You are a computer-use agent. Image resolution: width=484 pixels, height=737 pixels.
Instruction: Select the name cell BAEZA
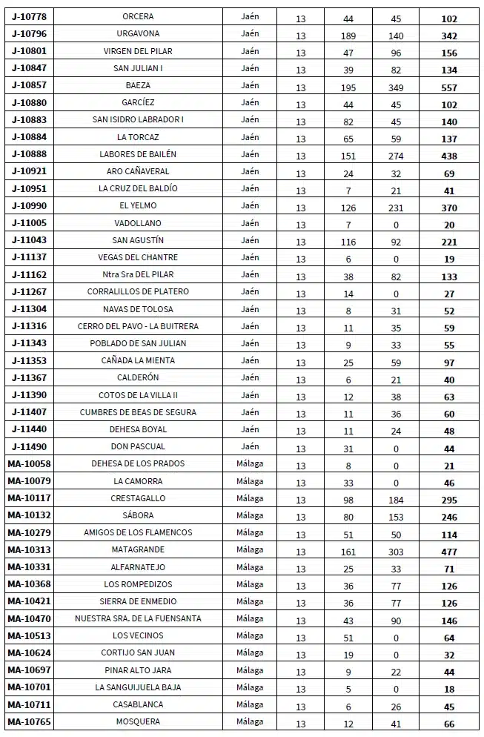tap(138, 85)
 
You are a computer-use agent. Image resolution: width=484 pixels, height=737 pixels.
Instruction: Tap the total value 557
tap(448, 87)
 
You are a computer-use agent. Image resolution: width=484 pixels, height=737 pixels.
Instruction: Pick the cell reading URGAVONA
tap(138, 33)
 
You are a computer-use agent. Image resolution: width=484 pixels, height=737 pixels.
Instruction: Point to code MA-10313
tap(30, 549)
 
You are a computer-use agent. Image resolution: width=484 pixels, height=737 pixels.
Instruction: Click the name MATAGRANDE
tap(138, 549)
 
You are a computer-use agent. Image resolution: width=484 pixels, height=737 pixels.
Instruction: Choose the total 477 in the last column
tap(448, 552)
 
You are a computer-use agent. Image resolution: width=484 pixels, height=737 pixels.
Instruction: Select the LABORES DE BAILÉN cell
tap(138, 154)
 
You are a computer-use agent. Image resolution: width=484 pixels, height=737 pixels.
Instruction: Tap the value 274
tap(396, 156)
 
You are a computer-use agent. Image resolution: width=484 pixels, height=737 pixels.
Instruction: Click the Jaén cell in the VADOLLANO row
tap(251, 222)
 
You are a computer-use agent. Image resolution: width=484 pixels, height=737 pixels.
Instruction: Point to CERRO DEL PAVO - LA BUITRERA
tap(138, 326)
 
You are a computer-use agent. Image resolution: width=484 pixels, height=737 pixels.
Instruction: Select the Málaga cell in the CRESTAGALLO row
tap(251, 498)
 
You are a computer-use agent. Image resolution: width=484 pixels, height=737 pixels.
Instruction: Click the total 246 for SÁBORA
tap(448, 518)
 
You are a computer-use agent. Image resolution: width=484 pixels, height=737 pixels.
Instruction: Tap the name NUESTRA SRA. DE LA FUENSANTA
tap(138, 618)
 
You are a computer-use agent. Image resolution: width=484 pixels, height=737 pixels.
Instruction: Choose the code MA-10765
tap(30, 721)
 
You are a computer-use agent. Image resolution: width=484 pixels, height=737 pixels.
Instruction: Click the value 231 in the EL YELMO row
tap(396, 208)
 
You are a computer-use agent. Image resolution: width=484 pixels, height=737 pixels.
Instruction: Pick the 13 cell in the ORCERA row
tap(300, 18)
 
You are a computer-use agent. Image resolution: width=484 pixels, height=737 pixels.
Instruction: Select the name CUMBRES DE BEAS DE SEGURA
tap(138, 412)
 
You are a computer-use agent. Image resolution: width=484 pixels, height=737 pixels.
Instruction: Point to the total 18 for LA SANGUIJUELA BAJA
tap(448, 689)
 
